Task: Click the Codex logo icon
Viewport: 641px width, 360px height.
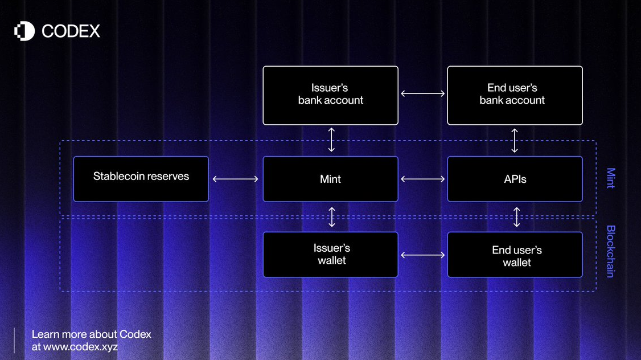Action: coord(24,31)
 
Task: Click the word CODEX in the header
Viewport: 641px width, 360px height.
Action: coord(71,31)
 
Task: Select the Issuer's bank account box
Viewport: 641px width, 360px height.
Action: coord(330,95)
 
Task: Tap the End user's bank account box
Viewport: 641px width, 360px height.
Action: coord(515,95)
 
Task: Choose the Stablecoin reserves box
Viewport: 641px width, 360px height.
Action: coord(141,179)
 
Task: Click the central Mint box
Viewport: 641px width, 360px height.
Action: coord(330,179)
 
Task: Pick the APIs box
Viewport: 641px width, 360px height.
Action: coord(515,179)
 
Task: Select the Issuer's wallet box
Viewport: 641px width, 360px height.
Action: coord(330,255)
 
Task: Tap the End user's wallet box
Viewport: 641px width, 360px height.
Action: coord(515,255)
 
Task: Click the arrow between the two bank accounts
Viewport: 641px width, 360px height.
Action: coord(422,93)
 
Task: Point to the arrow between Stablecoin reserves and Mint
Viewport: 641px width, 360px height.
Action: coord(235,179)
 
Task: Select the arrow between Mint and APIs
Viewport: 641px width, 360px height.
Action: coord(422,179)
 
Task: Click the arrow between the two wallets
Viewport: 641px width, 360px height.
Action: coord(422,255)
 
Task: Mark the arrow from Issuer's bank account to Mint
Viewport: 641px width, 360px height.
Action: coord(331,140)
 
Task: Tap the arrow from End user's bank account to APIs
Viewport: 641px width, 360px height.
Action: coord(515,140)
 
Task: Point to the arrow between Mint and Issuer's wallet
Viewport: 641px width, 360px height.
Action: coord(332,217)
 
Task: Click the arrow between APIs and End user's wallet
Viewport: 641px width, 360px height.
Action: coord(516,217)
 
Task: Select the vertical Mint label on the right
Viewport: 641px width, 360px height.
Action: coord(610,178)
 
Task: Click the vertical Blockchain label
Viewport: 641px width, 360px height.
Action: coord(610,251)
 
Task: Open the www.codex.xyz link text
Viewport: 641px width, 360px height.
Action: coord(80,346)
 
